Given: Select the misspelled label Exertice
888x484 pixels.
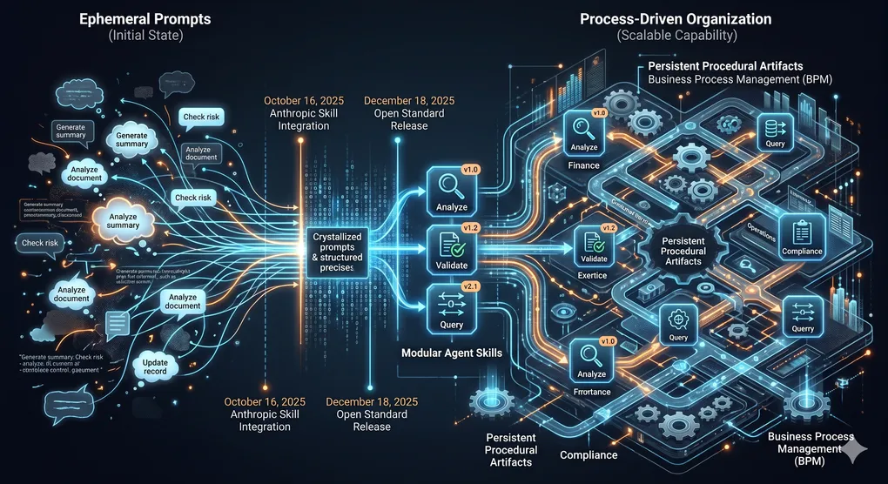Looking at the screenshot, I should coord(593,275).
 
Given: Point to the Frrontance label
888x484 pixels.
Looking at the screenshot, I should coord(593,392).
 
